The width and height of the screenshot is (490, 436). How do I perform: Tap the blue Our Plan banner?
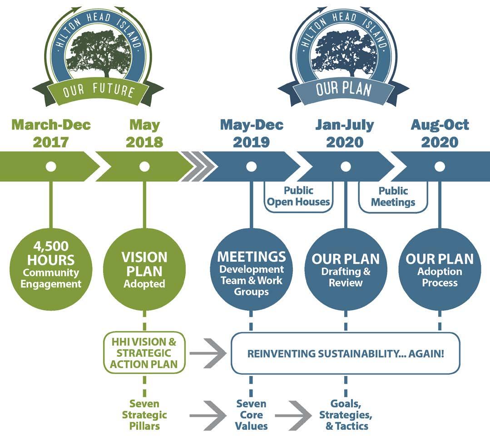pyautogui.click(x=344, y=88)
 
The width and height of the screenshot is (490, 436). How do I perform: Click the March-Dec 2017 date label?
pyautogui.click(x=51, y=133)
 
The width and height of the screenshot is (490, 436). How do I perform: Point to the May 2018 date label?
pyautogui.click(x=144, y=133)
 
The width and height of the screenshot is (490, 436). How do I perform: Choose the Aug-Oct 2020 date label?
pyautogui.click(x=440, y=133)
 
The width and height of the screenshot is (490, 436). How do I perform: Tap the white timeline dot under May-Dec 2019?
pyautogui.click(x=251, y=167)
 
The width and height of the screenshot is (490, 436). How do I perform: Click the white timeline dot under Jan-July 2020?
pyautogui.click(x=346, y=167)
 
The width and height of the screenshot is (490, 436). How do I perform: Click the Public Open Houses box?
pyautogui.click(x=298, y=196)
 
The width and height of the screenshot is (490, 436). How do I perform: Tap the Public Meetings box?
pyautogui.click(x=393, y=196)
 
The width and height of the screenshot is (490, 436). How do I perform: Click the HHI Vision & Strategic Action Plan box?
pyautogui.click(x=145, y=353)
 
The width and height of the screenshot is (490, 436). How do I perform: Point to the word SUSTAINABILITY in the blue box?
pyautogui.click(x=337, y=353)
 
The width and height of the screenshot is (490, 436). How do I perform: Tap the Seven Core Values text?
pyautogui.click(x=251, y=414)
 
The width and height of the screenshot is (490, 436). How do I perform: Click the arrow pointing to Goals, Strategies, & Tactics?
pyautogui.click(x=292, y=415)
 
